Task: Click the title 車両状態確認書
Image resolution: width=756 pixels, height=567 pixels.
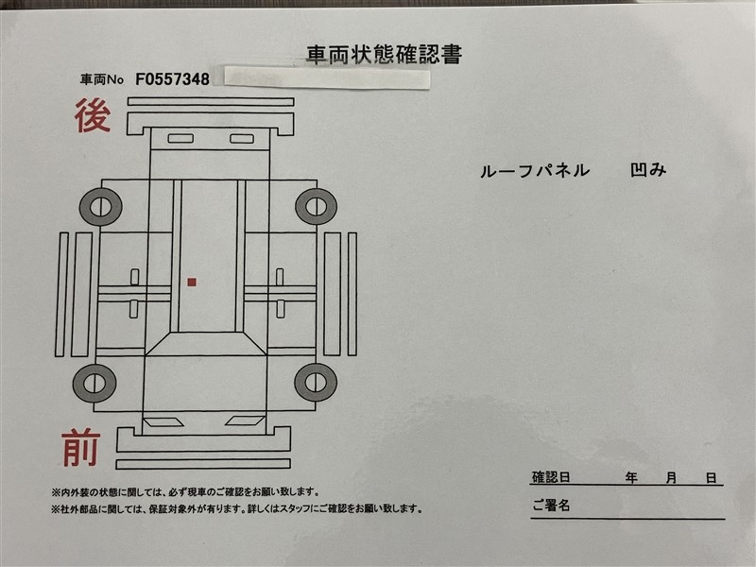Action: pyautogui.click(x=385, y=55)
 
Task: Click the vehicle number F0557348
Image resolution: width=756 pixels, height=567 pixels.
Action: pyautogui.click(x=172, y=79)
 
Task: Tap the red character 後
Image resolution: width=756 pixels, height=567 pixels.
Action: pyautogui.click(x=93, y=115)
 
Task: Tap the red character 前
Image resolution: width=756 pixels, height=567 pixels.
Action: pyautogui.click(x=80, y=448)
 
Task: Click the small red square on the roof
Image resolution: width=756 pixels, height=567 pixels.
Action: pyautogui.click(x=192, y=282)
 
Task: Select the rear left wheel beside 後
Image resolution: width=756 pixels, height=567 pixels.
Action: pyautogui.click(x=101, y=207)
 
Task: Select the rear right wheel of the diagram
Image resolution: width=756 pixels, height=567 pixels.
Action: pyautogui.click(x=316, y=207)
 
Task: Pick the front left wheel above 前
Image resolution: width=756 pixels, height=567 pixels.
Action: pyautogui.click(x=94, y=384)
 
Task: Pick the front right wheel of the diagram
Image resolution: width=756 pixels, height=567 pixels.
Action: pyautogui.click(x=316, y=383)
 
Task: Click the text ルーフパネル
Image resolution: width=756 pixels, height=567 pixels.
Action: pyautogui.click(x=535, y=171)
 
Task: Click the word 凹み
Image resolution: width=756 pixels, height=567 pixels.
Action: pyautogui.click(x=648, y=170)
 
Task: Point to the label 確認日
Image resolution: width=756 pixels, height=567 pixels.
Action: pyautogui.click(x=551, y=477)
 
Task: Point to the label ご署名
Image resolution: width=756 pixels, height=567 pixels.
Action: pyautogui.click(x=551, y=506)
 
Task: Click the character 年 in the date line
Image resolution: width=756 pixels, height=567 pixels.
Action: pyautogui.click(x=631, y=478)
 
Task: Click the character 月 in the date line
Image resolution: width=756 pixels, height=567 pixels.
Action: pyautogui.click(x=671, y=478)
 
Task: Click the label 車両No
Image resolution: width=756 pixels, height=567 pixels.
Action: pyautogui.click(x=102, y=79)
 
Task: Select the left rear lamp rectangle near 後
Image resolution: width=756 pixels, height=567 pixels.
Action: pyautogui.click(x=180, y=138)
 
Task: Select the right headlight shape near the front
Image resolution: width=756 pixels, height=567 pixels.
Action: pyautogui.click(x=245, y=421)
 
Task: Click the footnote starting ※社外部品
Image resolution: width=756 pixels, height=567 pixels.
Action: pyautogui.click(x=237, y=508)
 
